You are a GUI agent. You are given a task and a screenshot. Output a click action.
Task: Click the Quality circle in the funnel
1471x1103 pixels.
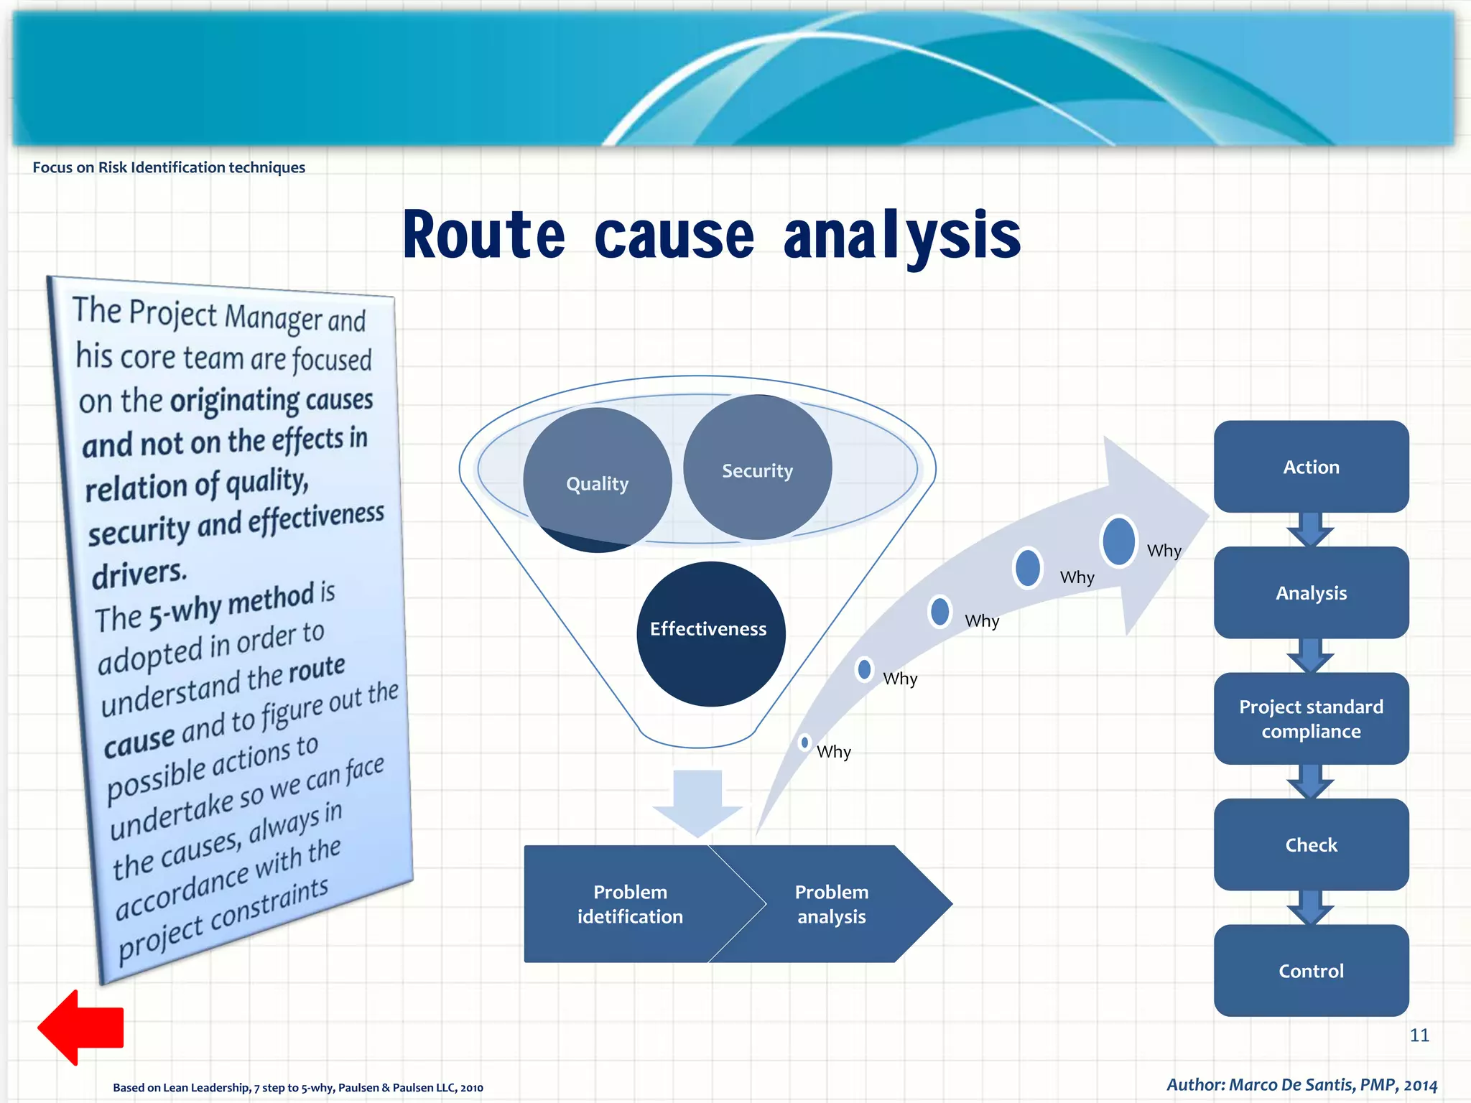[x=597, y=480]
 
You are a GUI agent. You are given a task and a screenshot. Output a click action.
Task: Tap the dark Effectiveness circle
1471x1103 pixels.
[x=710, y=632]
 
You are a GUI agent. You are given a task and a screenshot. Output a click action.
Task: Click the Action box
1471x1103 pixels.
[x=1311, y=467]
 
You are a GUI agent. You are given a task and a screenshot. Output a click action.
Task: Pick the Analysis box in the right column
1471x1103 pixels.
[x=1311, y=592]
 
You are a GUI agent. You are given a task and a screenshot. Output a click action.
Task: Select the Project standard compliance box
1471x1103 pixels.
[x=1311, y=718]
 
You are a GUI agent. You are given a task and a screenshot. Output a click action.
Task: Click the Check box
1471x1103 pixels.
[x=1311, y=844]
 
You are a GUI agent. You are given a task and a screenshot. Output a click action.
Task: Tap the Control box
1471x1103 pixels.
[x=1311, y=970]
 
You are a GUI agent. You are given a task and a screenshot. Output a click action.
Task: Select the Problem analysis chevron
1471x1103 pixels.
[x=832, y=904]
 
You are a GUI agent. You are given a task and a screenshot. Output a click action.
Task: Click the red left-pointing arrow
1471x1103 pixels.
[x=80, y=1027]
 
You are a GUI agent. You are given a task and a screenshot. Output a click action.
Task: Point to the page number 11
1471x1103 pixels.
[x=1419, y=1035]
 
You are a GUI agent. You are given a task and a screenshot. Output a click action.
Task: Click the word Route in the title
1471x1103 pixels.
[x=484, y=236]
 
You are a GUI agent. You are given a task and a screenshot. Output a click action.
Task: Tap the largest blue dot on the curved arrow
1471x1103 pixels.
[x=1118, y=541]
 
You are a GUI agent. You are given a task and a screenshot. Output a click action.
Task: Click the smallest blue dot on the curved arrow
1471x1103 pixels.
[x=804, y=742]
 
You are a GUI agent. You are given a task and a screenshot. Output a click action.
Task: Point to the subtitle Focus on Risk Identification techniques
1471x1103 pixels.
[x=169, y=167]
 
